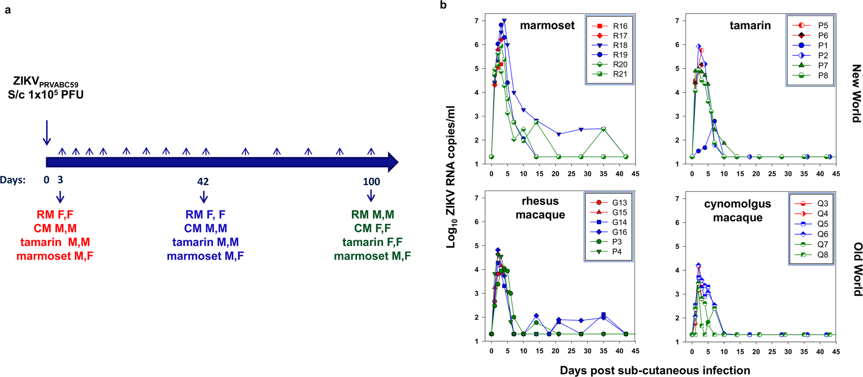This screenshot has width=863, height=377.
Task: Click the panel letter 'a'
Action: (x=8, y=10)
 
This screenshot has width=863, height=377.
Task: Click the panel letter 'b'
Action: (x=443, y=5)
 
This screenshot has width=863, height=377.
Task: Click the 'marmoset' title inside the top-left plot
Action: (x=547, y=25)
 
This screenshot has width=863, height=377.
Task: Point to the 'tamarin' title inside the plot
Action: (x=750, y=25)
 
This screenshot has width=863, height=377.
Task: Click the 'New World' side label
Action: (x=856, y=93)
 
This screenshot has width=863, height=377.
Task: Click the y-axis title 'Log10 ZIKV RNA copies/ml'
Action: (x=451, y=177)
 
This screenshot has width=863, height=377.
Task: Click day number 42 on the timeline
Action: (x=203, y=181)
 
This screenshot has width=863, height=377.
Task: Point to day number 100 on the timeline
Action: (x=371, y=181)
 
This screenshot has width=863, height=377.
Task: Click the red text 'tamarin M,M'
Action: (x=55, y=242)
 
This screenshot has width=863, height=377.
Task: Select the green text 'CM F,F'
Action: (x=372, y=228)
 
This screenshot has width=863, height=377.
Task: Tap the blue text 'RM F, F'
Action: (x=205, y=214)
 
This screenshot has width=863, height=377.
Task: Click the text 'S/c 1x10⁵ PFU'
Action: (x=46, y=95)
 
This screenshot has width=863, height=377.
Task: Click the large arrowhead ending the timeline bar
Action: (x=393, y=162)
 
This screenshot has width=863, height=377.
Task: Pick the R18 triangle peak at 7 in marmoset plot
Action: (x=504, y=21)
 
